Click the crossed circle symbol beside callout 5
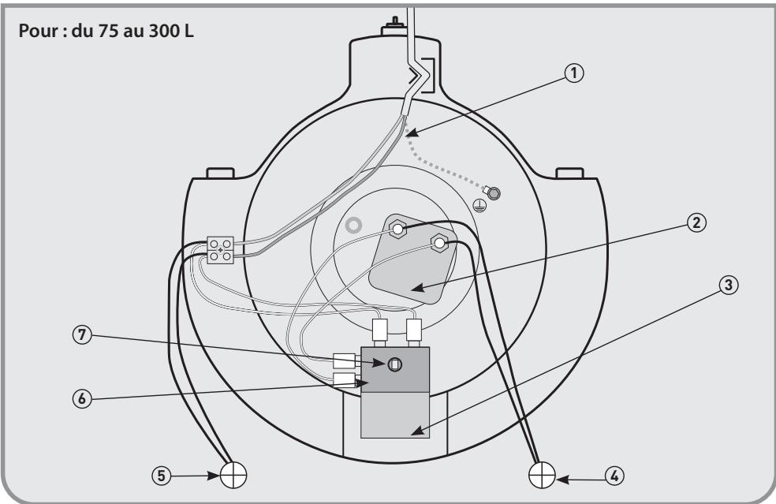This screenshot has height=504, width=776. pos(233,476)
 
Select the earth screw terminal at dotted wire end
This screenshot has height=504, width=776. pos(494,192)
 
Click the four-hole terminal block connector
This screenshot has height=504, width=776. pos(220,250)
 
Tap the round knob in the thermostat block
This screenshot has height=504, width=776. pos(395,364)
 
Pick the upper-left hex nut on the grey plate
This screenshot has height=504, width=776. pos(397,229)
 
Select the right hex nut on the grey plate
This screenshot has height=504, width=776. pos(438,244)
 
